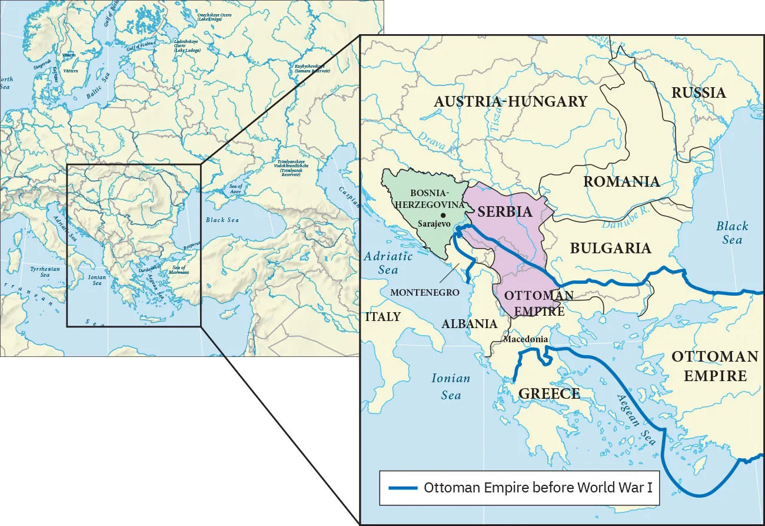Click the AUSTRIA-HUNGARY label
510,102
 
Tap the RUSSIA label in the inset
699,92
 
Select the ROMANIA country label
621,181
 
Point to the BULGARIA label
610,248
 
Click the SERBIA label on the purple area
504,211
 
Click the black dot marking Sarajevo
442,216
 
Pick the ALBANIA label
469,324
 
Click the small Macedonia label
526,339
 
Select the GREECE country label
549,393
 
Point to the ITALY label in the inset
382,316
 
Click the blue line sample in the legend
403,488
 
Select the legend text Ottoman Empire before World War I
538,488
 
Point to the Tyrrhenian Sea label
45,272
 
